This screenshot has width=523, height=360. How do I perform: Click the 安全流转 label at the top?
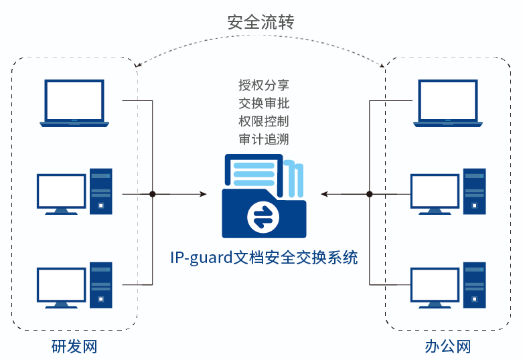pos(261,21)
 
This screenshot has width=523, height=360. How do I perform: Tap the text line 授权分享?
pos(264,86)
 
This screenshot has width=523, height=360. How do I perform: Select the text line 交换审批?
pos(264,104)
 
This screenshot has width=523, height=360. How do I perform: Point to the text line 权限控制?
pos(264,122)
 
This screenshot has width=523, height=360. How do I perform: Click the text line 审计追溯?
pos(264,140)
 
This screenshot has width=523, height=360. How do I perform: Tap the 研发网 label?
pos(74,347)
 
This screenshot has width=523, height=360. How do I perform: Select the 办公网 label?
pos(447,347)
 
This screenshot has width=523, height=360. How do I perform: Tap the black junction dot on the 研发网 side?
pos(153,194)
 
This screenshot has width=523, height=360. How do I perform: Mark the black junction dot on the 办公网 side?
pos(369,194)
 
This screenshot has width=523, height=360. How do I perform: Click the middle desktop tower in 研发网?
pos(101,191)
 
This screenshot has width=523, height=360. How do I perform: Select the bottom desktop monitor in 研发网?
pos(62,285)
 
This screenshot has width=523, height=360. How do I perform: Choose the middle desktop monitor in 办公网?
pos(435,192)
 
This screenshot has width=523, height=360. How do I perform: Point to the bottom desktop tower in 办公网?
pos(475,285)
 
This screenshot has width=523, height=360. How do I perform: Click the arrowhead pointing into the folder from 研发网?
pos(203,194)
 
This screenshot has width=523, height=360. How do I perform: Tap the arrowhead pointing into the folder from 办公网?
pos(323,194)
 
